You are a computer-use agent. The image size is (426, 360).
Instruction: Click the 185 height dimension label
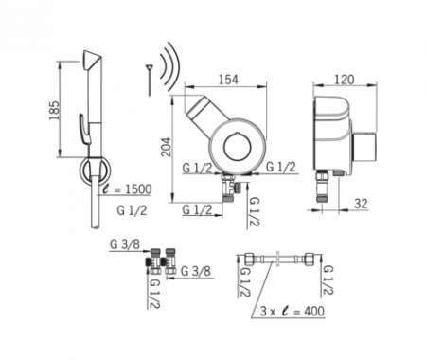point(55,110)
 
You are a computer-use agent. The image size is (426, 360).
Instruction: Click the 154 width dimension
point(229,80)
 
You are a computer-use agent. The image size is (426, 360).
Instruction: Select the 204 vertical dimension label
point(166,147)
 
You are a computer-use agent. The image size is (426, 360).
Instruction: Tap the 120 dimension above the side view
point(344,80)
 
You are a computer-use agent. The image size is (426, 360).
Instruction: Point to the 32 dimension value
point(361,204)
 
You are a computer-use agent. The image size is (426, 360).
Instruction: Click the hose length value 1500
point(138,189)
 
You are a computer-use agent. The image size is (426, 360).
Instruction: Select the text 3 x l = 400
point(293,311)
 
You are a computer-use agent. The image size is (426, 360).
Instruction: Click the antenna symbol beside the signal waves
point(150,80)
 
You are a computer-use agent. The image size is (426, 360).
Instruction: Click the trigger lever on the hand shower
point(84,128)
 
